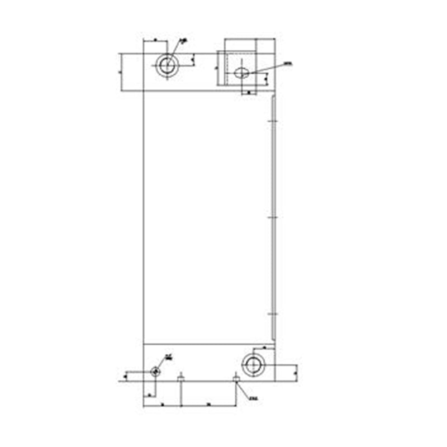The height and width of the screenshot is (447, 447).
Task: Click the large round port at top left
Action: pos(166,66)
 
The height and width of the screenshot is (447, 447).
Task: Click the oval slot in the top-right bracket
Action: pos(242,73)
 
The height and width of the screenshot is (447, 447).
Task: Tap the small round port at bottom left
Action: pos(155,372)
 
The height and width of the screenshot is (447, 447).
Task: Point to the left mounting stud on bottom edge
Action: pos(180,378)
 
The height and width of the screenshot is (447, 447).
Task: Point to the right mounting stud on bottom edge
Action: pos(236,378)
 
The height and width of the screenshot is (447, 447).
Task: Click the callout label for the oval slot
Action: pos(288,63)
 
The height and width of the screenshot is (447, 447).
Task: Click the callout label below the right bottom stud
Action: pos(253,399)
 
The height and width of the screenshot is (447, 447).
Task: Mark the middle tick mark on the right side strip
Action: pos(272,216)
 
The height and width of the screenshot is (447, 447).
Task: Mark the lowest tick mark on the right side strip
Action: pos(272,314)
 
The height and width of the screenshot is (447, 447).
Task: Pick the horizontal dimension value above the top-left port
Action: pos(155,41)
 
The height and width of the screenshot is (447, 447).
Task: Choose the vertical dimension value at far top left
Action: pos(121,72)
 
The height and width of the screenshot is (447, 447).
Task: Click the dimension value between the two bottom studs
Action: pos(208,403)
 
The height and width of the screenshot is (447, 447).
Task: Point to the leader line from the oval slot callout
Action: pos(265,69)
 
